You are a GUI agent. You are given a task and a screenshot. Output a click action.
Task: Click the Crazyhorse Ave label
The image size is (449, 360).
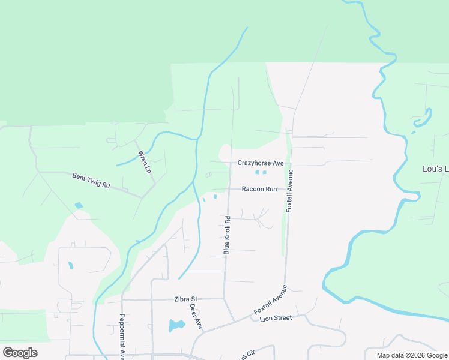260,163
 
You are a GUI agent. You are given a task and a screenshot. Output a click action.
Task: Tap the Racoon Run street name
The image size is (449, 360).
259,189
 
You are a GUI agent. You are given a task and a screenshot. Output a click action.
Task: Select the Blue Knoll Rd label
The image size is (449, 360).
227,235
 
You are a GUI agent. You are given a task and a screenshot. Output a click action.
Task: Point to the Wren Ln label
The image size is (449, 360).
144,162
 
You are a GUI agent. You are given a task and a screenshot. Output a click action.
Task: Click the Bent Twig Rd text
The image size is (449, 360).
91,181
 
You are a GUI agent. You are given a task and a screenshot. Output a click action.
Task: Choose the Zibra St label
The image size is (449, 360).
186,298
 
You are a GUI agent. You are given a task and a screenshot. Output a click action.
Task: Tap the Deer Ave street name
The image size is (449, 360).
196,316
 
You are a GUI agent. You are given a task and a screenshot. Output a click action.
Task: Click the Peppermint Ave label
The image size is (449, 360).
121,336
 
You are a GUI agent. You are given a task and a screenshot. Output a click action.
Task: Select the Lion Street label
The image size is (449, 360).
276,318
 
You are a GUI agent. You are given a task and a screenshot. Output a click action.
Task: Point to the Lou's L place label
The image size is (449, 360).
436,169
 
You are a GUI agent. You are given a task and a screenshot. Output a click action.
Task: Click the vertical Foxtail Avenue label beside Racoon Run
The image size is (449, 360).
290,191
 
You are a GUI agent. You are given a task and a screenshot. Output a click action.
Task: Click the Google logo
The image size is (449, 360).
20,352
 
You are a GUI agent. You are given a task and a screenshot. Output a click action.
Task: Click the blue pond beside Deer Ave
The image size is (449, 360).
176,326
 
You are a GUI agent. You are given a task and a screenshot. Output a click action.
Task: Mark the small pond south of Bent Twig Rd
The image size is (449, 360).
79,206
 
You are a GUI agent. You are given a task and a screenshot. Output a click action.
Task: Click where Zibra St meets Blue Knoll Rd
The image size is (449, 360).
224,298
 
